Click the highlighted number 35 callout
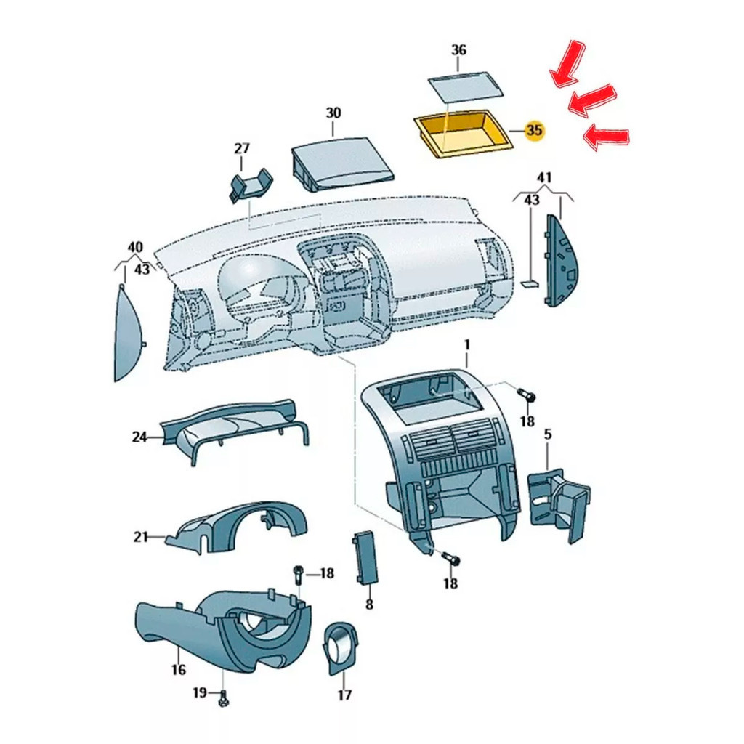tap(534, 129)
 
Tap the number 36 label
tap(458, 50)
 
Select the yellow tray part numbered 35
tap(464, 132)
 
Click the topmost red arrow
tap(567, 64)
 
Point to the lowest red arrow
tap(607, 138)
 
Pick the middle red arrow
tap(592, 99)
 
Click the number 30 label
tap(333, 113)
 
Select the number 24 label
tap(139, 437)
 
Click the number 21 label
tap(140, 537)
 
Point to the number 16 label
tap(179, 669)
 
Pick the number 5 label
tap(548, 434)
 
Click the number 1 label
tap(467, 345)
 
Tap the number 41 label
tap(543, 178)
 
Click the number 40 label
tap(134, 247)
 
